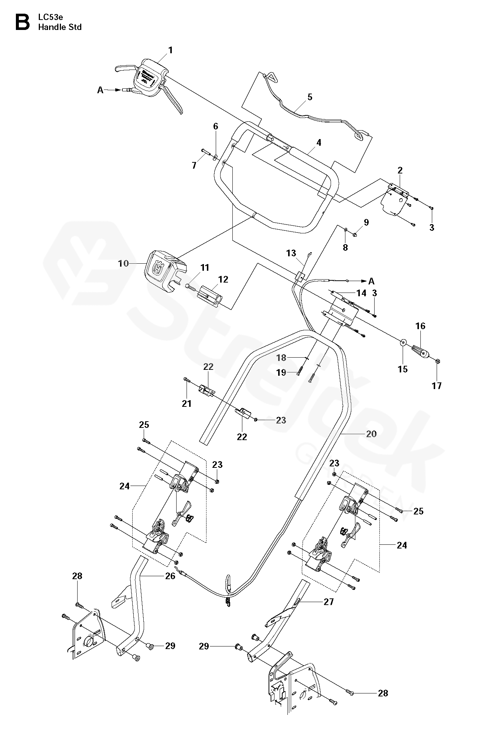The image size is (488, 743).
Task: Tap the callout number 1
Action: point(170,50)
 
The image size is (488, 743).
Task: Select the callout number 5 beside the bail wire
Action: point(310,97)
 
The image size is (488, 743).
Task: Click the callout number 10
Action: point(123,263)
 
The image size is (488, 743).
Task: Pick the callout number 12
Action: point(223,280)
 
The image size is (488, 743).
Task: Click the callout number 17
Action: point(437,386)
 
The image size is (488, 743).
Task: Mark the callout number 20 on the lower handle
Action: point(371,434)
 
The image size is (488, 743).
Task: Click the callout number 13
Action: point(291,253)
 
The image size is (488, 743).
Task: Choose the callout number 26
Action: point(170,576)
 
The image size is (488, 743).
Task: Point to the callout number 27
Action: point(328,602)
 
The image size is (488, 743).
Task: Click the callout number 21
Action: point(187,403)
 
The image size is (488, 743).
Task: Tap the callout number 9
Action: point(366,222)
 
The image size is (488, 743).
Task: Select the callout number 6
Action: point(216,126)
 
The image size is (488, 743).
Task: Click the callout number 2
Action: point(400,170)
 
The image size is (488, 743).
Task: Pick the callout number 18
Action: point(281,358)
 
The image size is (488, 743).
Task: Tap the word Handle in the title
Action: point(50,27)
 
